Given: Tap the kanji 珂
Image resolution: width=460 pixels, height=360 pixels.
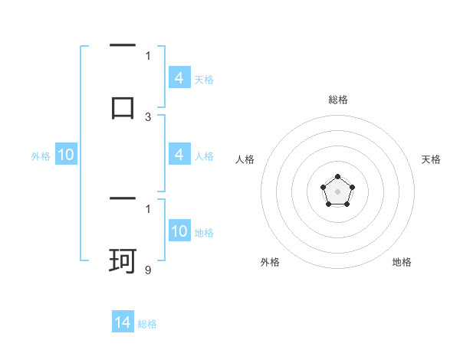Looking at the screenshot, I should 123,261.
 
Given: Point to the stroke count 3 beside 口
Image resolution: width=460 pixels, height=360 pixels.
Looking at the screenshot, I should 148,117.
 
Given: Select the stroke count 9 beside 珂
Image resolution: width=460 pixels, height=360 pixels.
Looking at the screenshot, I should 148,270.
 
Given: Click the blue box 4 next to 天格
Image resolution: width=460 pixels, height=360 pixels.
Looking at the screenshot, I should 179,78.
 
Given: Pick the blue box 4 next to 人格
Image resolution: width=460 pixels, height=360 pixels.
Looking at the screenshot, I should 179,155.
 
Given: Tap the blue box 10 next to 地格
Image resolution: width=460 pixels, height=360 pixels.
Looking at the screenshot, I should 179,231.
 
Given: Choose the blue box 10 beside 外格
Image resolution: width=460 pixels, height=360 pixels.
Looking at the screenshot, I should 66,155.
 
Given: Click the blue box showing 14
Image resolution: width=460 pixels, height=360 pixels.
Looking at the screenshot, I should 123,322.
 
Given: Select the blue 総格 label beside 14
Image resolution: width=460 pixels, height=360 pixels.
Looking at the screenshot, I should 147,324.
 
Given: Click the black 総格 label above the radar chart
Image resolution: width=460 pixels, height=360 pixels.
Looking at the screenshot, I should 337,100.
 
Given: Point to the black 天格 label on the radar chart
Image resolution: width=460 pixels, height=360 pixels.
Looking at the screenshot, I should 431,159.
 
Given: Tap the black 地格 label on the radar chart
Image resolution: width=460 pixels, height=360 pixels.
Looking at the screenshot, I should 402,262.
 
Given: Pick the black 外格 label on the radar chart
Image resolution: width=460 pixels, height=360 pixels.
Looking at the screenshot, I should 270,262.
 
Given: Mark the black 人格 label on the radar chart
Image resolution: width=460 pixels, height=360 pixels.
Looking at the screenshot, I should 245,159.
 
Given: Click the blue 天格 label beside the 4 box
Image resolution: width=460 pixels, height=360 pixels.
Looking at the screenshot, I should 204,80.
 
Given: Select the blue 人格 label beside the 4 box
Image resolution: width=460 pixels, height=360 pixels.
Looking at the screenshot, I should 204,156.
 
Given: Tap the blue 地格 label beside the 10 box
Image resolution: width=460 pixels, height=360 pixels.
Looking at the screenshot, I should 204,233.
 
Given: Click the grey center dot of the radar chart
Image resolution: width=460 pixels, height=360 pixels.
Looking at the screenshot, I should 337,191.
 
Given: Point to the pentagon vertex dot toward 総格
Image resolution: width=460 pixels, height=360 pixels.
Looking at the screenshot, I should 337,177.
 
